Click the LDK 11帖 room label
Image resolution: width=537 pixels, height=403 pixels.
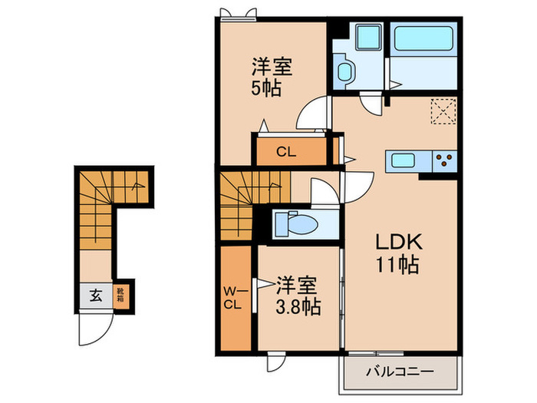coord(396,254)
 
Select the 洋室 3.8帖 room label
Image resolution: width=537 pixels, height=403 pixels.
coord(296,296)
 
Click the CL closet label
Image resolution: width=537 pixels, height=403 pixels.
coord(286,152)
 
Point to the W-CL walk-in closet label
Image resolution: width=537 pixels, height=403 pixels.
coord(234,297)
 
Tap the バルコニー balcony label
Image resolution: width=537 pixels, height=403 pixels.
coord(399,372)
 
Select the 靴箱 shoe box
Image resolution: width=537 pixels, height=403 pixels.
coord(120,293)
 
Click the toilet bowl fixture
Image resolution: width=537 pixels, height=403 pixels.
coord(301,223)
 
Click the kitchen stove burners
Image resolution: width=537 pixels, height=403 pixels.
coord(443,161)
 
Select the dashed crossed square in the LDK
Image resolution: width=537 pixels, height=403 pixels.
coord(442,112)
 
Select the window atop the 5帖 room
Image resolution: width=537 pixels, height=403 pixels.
coord(236,12)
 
